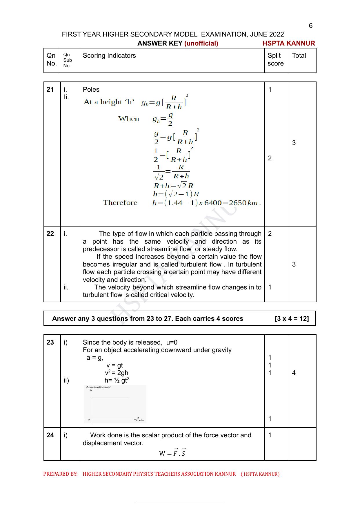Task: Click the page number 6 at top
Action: pyautogui.click(x=311, y=26)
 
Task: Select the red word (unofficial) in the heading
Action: pyautogui.click(x=201, y=44)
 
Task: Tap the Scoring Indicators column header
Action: pyautogui.click(x=109, y=56)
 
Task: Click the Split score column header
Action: pyautogui.click(x=275, y=59)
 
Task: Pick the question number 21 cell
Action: pyautogui.click(x=50, y=90)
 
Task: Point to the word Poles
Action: pyautogui.click(x=91, y=90)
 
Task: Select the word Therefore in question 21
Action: pyautogui.click(x=120, y=203)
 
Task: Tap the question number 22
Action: pyautogui.click(x=50, y=234)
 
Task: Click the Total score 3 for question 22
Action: pyautogui.click(x=294, y=264)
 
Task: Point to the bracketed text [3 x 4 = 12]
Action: pyautogui.click(x=292, y=319)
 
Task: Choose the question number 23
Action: pyautogui.click(x=50, y=343)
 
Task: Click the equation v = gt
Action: pyautogui.click(x=114, y=365)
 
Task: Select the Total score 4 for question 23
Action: pyautogui.click(x=294, y=373)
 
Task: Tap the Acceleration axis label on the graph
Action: pyautogui.click(x=99, y=387)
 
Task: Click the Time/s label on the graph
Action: pyautogui.click(x=139, y=420)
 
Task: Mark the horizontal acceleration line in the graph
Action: pyautogui.click(x=110, y=397)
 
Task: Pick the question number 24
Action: pyautogui.click(x=50, y=435)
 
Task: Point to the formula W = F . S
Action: pyautogui.click(x=172, y=453)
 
